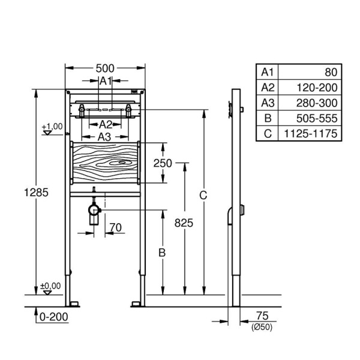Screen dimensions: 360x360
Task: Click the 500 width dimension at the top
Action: [106, 69]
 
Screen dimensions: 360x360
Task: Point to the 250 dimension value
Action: [162, 163]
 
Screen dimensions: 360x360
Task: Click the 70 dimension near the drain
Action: [116, 227]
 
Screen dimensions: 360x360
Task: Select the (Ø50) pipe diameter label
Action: [262, 326]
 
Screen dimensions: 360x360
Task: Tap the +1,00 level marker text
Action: [52, 126]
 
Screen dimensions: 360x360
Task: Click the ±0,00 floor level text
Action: [52, 286]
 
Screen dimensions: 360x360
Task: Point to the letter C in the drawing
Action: [203, 195]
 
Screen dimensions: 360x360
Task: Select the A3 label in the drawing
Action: [104, 137]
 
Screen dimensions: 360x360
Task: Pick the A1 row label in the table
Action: [267, 72]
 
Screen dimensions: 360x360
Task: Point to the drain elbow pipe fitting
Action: [94, 211]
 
